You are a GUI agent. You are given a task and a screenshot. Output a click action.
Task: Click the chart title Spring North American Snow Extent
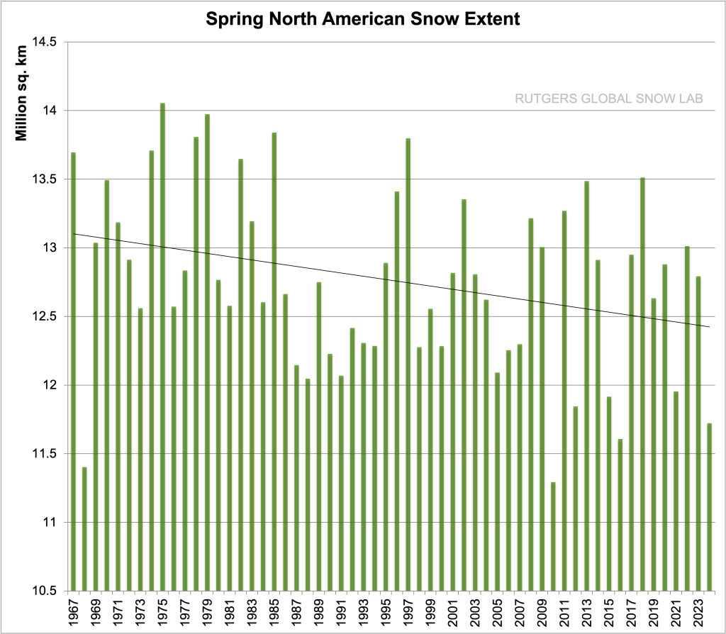coord(362,19)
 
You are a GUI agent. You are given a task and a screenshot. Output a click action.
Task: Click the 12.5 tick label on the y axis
coord(45,317)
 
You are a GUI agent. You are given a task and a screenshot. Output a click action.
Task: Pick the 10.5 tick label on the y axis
coord(45,591)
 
